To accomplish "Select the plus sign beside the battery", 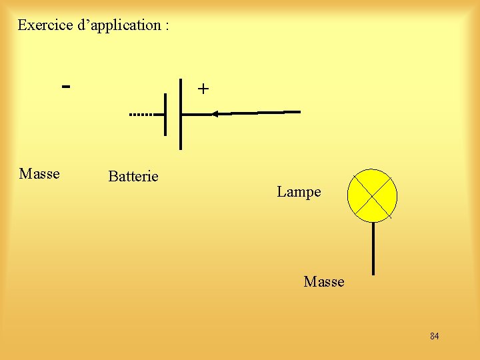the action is click(203, 89).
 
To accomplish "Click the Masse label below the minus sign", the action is click(39, 174).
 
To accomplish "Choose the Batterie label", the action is click(133, 177).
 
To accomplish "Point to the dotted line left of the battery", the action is click(141, 115).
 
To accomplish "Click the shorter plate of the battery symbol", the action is click(165, 115).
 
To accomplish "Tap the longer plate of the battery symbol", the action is click(181, 113).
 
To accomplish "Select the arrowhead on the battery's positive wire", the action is click(215, 114).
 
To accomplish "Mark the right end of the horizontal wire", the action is click(299, 112).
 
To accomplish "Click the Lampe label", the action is click(299, 192).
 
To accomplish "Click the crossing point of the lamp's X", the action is click(372, 195).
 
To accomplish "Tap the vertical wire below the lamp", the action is click(373, 248).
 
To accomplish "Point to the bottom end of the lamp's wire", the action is click(373, 273).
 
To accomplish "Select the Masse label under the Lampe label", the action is click(324, 282).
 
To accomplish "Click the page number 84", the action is click(435, 336).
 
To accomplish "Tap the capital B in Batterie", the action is click(113, 177).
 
